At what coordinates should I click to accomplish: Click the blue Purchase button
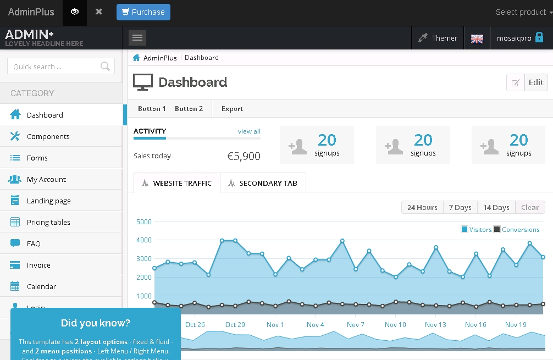pyautogui.click(x=143, y=12)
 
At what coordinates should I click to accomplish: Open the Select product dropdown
pyautogui.click(x=523, y=12)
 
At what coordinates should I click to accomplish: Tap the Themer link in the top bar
pyautogui.click(x=438, y=38)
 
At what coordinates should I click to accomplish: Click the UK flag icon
pyautogui.click(x=477, y=38)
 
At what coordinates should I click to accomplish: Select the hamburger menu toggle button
pyautogui.click(x=137, y=37)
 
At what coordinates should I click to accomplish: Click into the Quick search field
pyautogui.click(x=55, y=67)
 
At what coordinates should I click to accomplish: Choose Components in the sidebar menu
pyautogui.click(x=48, y=136)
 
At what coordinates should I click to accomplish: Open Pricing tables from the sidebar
pyautogui.click(x=48, y=222)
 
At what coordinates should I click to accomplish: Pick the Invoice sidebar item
pyautogui.click(x=38, y=265)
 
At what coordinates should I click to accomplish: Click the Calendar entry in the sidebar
pyautogui.click(x=41, y=286)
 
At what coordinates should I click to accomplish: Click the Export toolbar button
pyautogui.click(x=232, y=109)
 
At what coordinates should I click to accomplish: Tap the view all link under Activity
pyautogui.click(x=249, y=131)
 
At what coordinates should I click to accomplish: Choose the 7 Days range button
pyautogui.click(x=460, y=207)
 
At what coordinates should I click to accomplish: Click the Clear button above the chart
pyautogui.click(x=530, y=207)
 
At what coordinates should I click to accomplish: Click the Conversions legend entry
pyautogui.click(x=520, y=230)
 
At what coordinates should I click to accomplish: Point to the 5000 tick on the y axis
pyautogui.click(x=143, y=222)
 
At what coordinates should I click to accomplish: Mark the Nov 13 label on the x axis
pyautogui.click(x=435, y=325)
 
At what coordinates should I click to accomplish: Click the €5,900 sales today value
pyautogui.click(x=244, y=156)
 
